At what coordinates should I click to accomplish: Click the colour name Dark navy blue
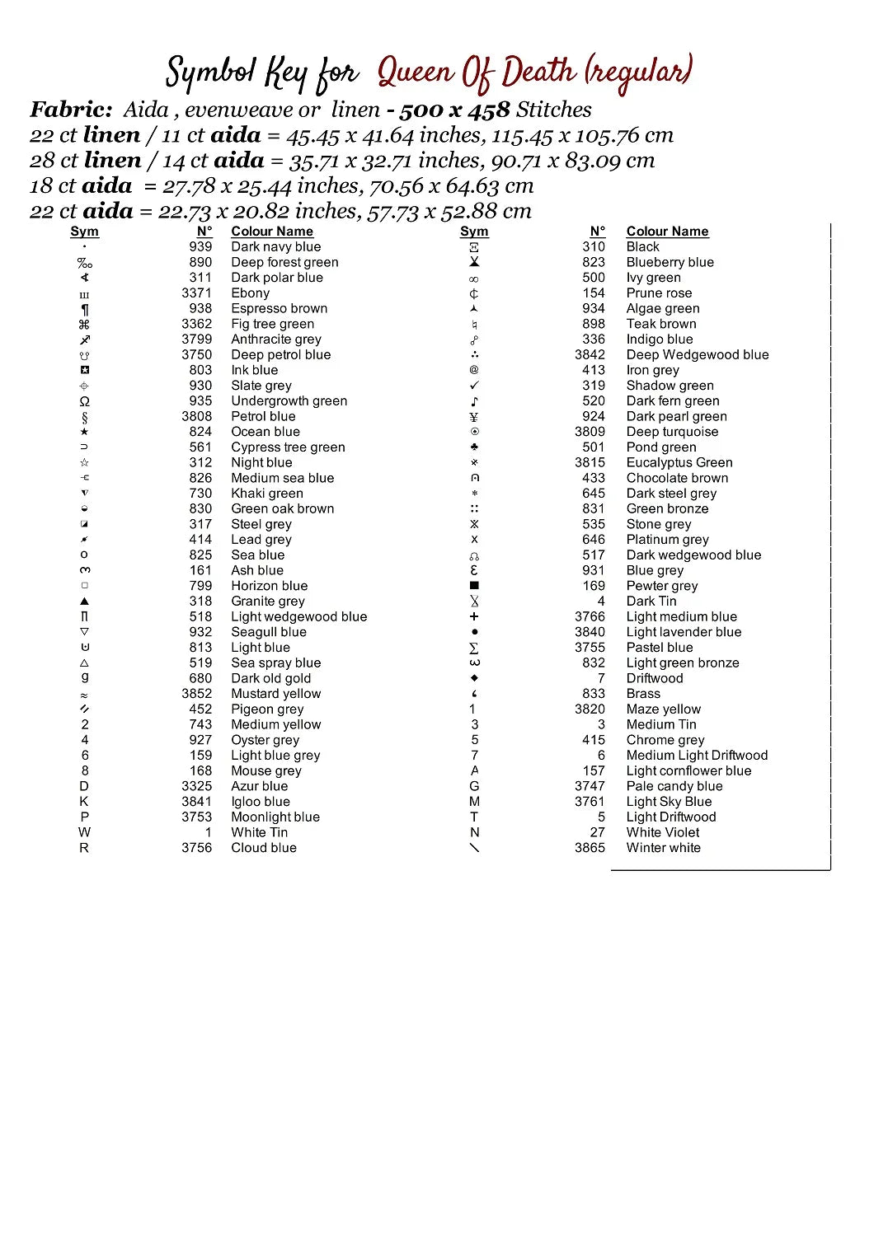point(275,247)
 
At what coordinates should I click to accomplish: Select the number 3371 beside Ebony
point(197,293)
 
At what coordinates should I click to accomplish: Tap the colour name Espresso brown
point(279,309)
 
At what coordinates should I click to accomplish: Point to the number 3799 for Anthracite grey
point(197,339)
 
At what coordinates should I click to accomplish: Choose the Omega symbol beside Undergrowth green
point(84,401)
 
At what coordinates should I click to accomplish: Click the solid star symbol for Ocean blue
point(84,432)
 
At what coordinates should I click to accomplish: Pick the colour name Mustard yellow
point(275,695)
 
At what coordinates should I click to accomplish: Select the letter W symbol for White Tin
point(84,833)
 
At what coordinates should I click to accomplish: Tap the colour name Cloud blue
point(263,849)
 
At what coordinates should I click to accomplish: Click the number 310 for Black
point(594,247)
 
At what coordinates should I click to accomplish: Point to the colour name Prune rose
point(659,293)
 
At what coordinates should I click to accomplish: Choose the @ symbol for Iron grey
point(474,371)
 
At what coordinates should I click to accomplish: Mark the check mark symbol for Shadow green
point(474,386)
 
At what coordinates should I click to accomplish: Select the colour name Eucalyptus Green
point(679,463)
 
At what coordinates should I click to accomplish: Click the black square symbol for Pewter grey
point(474,586)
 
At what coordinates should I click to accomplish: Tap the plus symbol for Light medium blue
point(474,617)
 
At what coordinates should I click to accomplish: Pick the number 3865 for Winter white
point(590,849)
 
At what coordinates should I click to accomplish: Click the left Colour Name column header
point(272,232)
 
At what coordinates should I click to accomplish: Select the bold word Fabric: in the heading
point(71,110)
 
